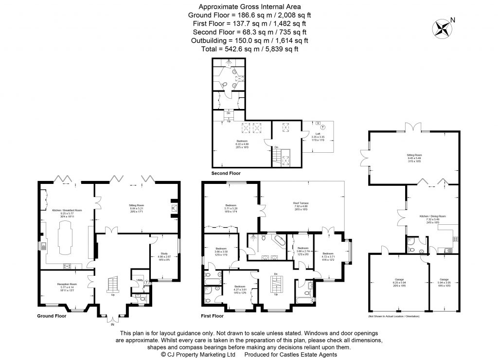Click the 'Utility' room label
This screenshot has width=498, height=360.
click(x=139, y=280)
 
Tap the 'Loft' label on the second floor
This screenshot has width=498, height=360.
click(x=317, y=134)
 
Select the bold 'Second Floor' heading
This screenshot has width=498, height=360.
click(x=226, y=173)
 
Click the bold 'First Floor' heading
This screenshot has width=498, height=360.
click(x=212, y=316)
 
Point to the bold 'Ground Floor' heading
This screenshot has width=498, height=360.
click(x=52, y=316)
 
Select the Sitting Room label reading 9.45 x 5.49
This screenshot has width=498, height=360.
click(x=414, y=156)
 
